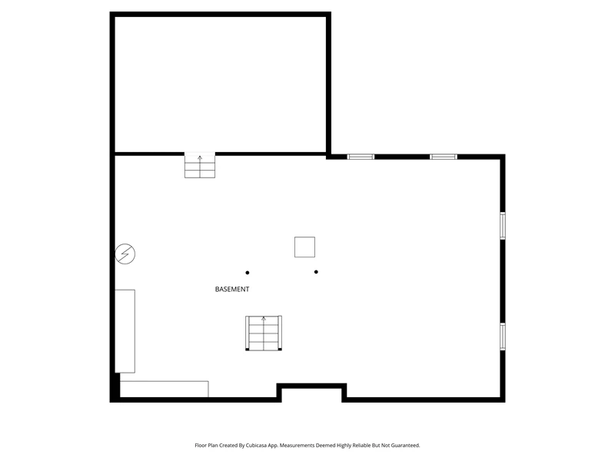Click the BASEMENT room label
point(232,290)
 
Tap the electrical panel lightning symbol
point(125,254)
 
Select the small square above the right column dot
point(304,247)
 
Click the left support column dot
point(247,273)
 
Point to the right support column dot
point(316,272)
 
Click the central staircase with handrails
point(264,333)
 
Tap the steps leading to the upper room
point(200,165)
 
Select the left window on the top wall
point(361,157)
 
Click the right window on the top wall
point(444,157)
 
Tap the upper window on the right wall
point(503,225)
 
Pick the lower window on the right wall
point(503,337)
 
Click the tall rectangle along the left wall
point(125,331)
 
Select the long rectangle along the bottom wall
point(164,389)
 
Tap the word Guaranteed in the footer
point(406,446)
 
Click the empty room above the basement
point(220,85)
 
